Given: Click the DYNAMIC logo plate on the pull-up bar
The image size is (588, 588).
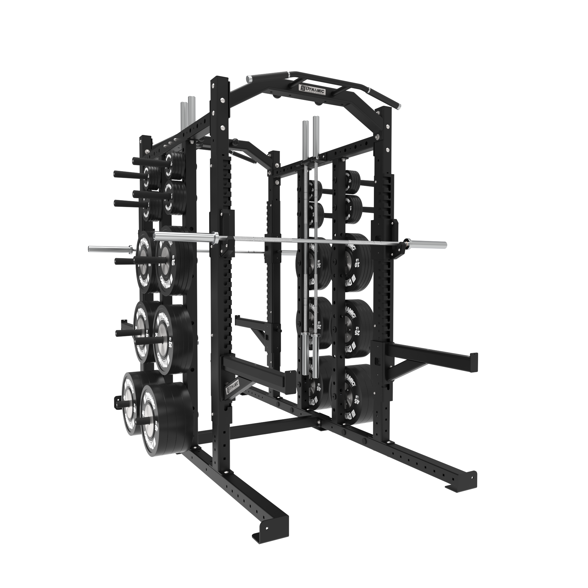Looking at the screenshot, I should pos(312,90).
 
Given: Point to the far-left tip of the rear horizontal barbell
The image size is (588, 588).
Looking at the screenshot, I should pos(90,248).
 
